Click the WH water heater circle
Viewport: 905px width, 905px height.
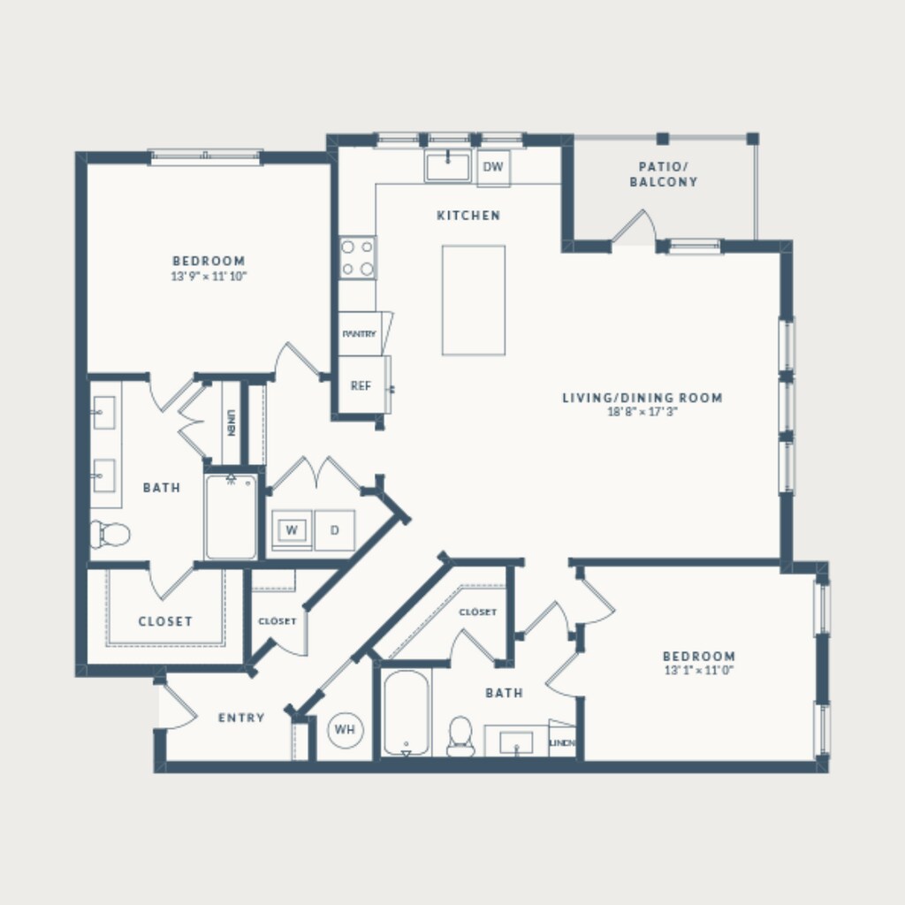(x=346, y=729)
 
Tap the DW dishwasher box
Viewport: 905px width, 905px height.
(x=493, y=167)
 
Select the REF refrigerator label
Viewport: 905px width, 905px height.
(x=361, y=385)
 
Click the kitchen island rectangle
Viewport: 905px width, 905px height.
(x=474, y=300)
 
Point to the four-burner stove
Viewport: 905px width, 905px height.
(x=357, y=257)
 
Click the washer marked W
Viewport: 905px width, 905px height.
(x=292, y=530)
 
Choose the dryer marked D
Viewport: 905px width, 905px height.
(x=335, y=530)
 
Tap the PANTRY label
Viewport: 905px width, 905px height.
(x=359, y=334)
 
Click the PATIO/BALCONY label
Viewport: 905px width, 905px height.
(x=663, y=174)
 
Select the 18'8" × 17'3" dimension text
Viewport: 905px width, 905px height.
(x=642, y=412)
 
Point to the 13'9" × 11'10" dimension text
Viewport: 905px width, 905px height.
(x=209, y=276)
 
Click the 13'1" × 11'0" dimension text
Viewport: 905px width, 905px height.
(x=698, y=670)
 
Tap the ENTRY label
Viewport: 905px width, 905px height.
(x=241, y=718)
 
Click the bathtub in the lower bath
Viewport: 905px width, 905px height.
(x=407, y=713)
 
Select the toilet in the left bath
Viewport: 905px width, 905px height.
(x=110, y=535)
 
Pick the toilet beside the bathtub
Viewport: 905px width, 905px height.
(x=460, y=737)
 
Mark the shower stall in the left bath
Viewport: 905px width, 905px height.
(x=231, y=517)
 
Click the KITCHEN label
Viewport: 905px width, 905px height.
(x=468, y=216)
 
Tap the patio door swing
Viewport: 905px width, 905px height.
(x=635, y=226)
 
